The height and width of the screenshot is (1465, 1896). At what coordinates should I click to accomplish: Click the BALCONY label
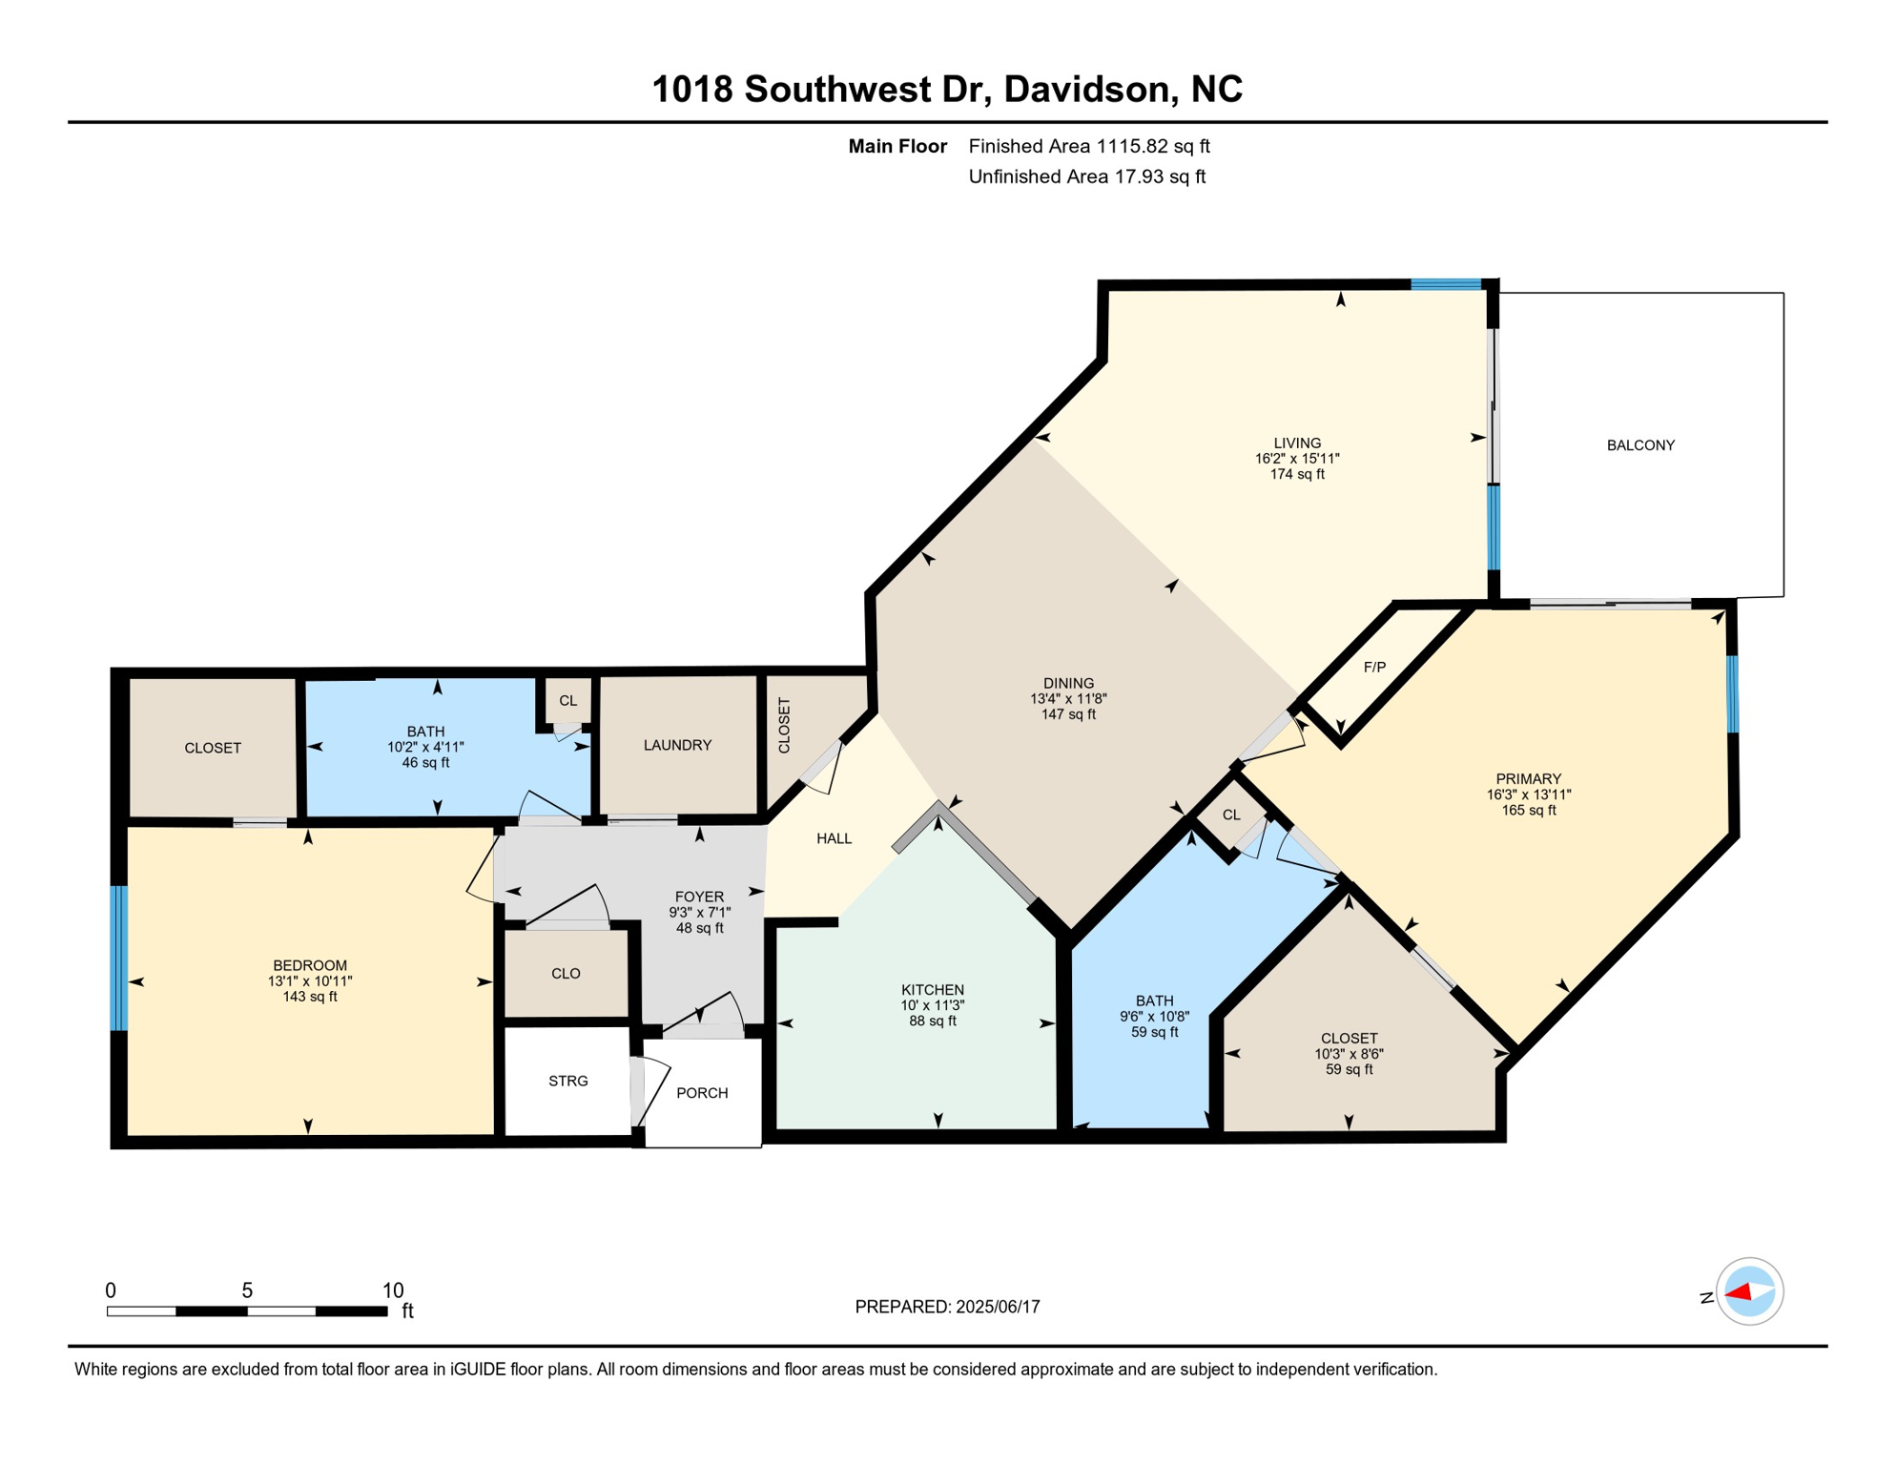(x=1640, y=445)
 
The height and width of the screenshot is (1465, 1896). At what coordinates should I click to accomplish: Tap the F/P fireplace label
(x=1374, y=668)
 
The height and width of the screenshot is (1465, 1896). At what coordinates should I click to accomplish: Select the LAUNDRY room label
(x=677, y=745)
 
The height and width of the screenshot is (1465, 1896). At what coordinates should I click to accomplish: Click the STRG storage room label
(x=568, y=1081)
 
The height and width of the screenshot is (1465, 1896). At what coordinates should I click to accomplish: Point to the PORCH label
(x=702, y=1093)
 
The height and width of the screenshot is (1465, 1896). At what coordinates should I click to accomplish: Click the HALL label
(x=834, y=838)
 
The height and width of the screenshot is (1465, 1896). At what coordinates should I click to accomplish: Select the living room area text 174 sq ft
(x=1297, y=474)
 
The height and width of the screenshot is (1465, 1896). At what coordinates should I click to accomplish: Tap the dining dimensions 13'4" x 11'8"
(x=1068, y=699)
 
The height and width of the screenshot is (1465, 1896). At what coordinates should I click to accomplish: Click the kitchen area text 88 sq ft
(x=933, y=1021)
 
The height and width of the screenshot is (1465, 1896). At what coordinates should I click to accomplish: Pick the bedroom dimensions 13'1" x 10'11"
(x=310, y=981)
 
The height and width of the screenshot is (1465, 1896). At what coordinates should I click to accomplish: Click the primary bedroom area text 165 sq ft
(x=1528, y=811)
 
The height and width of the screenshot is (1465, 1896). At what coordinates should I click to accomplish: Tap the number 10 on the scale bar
(x=393, y=1290)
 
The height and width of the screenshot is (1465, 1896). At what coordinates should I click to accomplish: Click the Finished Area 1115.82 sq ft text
(x=1088, y=146)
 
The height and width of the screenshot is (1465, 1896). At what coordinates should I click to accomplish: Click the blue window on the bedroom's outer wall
(x=119, y=958)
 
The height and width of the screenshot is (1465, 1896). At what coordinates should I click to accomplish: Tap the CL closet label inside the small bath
(x=567, y=701)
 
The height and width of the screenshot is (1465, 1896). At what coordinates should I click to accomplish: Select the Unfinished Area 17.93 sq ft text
(x=1086, y=176)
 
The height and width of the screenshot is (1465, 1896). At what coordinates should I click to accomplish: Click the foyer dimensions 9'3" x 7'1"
(x=699, y=913)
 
